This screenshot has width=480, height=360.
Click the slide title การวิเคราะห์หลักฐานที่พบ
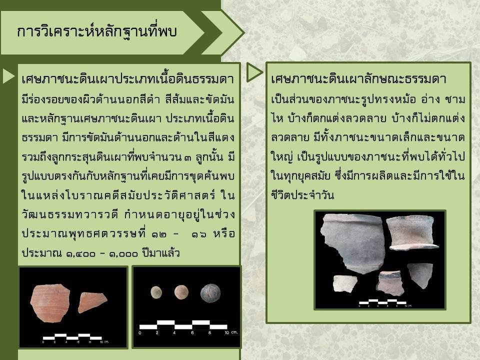click(x=96, y=31)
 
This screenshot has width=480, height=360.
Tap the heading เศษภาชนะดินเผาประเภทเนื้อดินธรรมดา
click(x=128, y=79)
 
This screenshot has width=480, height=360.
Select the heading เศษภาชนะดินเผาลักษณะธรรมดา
click(x=358, y=78)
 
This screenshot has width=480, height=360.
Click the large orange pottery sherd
click(x=50, y=303)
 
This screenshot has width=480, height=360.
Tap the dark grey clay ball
click(x=210, y=293)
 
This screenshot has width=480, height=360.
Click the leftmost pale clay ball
click(x=156, y=292)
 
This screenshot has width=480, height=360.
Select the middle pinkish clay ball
click(x=181, y=292)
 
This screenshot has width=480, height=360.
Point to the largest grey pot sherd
click(x=352, y=242)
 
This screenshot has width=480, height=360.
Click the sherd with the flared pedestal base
click(x=411, y=232)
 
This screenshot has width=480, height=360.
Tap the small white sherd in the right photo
click(x=344, y=283)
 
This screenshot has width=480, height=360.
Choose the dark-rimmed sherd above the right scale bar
click(x=389, y=282)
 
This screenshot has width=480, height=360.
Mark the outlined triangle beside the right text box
click(x=254, y=72)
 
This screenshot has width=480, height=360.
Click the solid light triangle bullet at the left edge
click(x=8, y=76)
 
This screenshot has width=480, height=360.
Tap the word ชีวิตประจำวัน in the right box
click(x=302, y=194)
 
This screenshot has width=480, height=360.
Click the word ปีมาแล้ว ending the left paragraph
click(x=160, y=253)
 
